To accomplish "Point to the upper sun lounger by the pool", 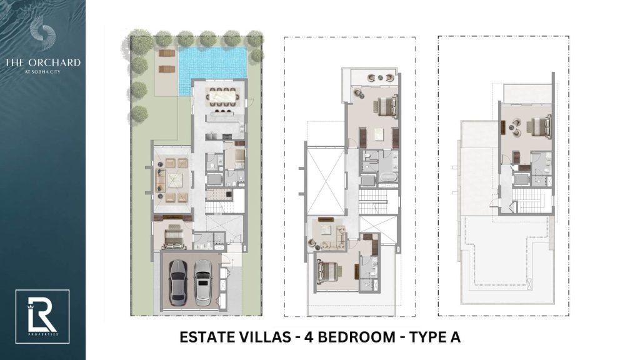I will point(166,54).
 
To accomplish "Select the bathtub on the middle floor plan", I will point(387,179).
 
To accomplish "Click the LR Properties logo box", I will point(42,316).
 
